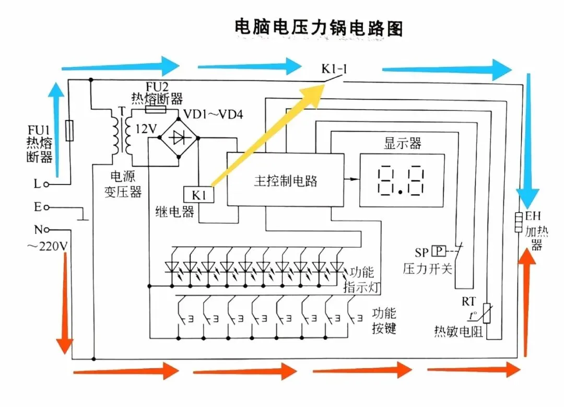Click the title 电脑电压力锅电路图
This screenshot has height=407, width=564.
pyautogui.click(x=319, y=28)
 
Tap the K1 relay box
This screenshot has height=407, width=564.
pyautogui.click(x=198, y=195)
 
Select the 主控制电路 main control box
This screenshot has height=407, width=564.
pyautogui.click(x=285, y=180)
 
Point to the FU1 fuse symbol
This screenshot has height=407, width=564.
pyautogui.click(x=70, y=130)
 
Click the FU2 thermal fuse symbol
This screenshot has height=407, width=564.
pyautogui.click(x=156, y=109)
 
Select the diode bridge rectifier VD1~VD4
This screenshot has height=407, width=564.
pyautogui.click(x=179, y=137)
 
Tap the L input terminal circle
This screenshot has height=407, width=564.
pyautogui.click(x=46, y=184)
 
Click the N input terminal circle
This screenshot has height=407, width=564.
pyautogui.click(x=46, y=229)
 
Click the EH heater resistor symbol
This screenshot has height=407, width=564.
pyautogui.click(x=519, y=223)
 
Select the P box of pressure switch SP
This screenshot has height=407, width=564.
pyautogui.click(x=439, y=251)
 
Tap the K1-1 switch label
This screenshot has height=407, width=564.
pyautogui.click(x=334, y=68)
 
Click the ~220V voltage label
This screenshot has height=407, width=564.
pyautogui.click(x=47, y=246)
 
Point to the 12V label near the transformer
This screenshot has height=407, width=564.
pyautogui.click(x=146, y=129)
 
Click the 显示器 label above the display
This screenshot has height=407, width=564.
pyautogui.click(x=403, y=143)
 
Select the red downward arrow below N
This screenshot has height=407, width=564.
pyautogui.click(x=65, y=303)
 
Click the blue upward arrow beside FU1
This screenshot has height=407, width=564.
pyautogui.click(x=56, y=130)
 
